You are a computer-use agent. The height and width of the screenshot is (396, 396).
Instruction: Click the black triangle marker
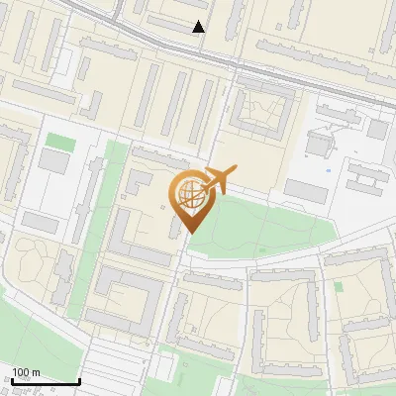tap(199, 27)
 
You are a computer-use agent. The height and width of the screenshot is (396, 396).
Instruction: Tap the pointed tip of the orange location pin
tap(188, 232)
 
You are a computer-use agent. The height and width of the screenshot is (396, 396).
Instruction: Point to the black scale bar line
tap(45, 381)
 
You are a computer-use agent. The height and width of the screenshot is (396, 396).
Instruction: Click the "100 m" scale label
tap(26, 372)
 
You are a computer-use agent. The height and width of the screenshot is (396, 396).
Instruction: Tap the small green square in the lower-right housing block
tap(339, 286)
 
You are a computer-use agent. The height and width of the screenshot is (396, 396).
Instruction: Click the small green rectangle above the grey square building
tap(60, 142)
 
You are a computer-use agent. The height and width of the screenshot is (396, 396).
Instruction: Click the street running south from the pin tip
tap(178, 297)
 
